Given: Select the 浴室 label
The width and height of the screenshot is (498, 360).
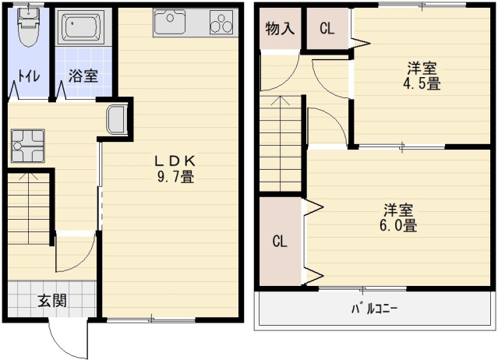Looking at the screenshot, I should [x=83, y=76].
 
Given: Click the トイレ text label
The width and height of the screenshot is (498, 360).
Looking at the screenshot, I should [x=30, y=76].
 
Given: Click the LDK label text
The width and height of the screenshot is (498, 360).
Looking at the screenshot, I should [x=176, y=161].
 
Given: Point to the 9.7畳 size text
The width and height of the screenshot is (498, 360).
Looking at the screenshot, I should [x=176, y=177].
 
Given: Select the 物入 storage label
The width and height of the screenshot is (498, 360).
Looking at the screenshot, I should [x=279, y=30].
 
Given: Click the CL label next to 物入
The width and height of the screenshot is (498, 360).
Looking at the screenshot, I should [x=327, y=30].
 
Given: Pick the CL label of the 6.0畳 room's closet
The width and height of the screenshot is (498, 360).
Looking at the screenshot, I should [x=279, y=240].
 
